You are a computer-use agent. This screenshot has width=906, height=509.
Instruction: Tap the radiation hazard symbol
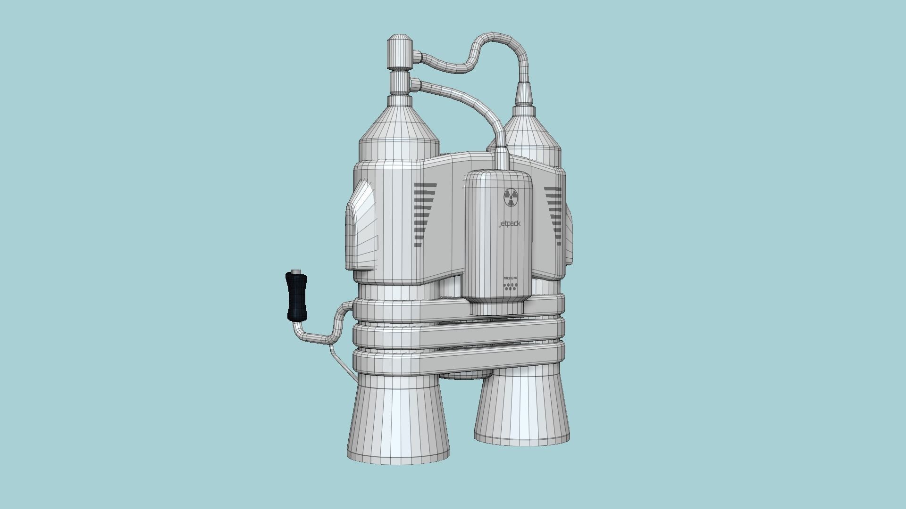pos(511,197)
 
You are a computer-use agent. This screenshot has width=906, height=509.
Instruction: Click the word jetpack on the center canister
pos(510,224)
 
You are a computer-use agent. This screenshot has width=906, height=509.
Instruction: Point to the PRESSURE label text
pos(510,279)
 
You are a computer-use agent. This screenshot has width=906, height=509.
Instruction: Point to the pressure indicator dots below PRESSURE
pos(510,287)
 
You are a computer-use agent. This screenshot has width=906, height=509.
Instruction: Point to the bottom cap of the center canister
pos(497,309)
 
